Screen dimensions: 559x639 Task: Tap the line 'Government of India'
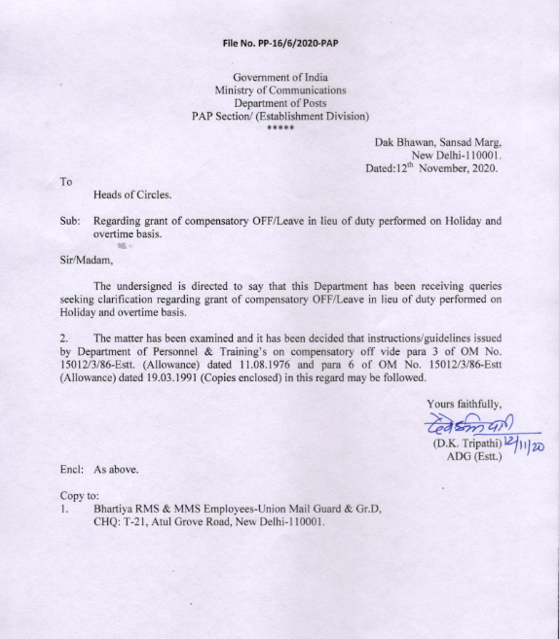click(x=279, y=77)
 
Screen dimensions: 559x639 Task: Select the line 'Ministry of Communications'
click(x=279, y=90)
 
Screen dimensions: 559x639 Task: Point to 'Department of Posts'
click(x=279, y=103)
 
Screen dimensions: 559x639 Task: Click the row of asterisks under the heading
click(x=279, y=128)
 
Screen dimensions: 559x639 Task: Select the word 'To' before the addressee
click(x=66, y=181)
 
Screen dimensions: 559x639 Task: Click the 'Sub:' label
click(x=69, y=221)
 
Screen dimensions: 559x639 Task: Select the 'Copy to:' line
click(x=80, y=496)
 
